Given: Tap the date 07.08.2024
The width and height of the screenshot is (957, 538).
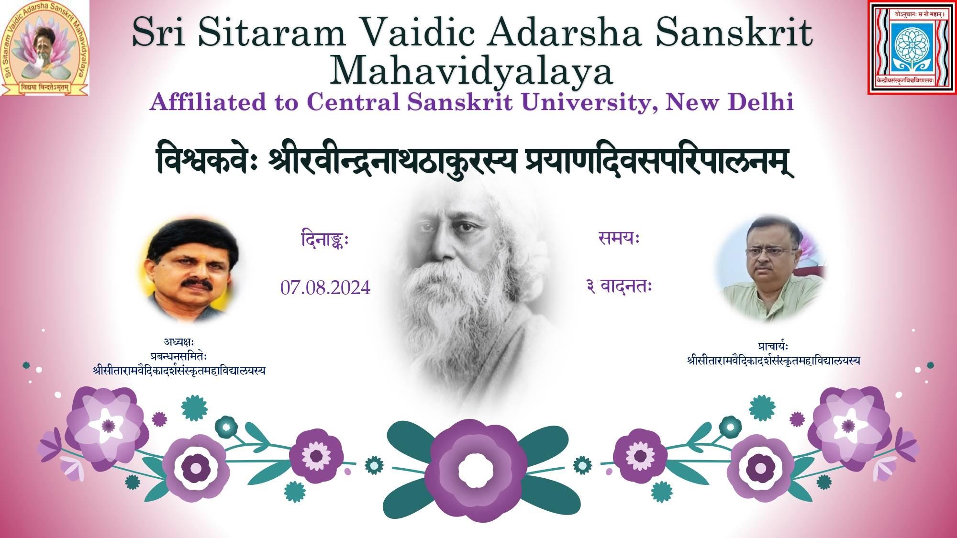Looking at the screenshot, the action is pos(325,288).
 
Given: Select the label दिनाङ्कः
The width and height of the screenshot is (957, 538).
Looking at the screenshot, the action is pos(325,239).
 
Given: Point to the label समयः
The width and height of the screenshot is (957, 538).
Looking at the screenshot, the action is pos(619,238).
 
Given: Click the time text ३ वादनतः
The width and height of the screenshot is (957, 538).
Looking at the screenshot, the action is pos(619,286).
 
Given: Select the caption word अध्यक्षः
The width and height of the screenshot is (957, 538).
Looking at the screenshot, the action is pos(178,342).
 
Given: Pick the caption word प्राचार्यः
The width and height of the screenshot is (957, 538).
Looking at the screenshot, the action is pos(773,346).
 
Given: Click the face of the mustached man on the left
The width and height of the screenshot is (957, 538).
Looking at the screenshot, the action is pos(194,270).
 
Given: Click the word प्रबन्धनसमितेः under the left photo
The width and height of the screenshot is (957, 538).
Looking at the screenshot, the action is pos(178,356).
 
